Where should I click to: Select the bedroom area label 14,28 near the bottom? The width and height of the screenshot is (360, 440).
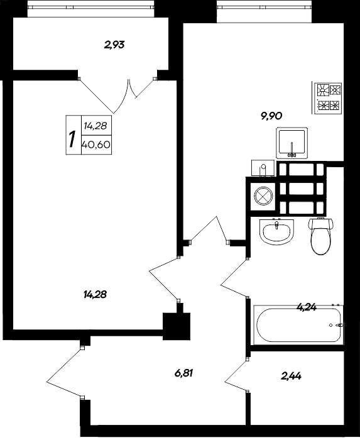[x=95, y=294]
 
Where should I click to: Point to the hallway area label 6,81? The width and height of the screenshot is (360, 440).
[x=183, y=373]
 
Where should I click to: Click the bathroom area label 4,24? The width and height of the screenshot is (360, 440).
[x=306, y=308]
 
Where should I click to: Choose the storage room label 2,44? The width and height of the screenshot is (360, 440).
[x=291, y=377]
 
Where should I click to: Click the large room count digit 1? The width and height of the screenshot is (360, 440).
[x=72, y=139]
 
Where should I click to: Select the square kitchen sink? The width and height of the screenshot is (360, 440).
[x=291, y=143]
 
